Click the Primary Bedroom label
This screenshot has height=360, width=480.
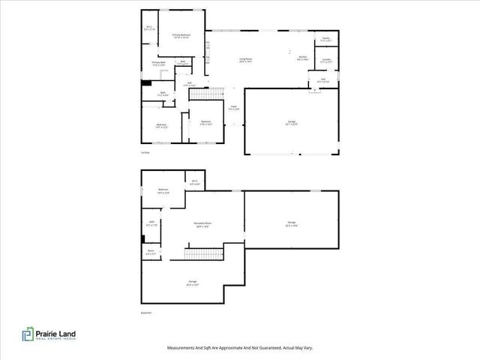180,35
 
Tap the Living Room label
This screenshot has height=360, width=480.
245,58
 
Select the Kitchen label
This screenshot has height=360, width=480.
303,57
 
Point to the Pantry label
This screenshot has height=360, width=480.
326,39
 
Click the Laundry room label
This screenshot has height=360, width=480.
326,59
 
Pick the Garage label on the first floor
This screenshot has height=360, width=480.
292,122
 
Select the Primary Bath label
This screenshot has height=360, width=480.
158,64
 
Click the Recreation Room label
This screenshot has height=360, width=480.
200,224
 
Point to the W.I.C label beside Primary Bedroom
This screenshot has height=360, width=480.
149,28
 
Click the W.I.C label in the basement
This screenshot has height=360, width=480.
194,181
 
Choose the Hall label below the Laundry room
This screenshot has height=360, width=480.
322,79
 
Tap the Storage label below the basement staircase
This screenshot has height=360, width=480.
192,282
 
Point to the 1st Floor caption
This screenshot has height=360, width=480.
145,152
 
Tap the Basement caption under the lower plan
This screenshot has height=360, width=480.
147,313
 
